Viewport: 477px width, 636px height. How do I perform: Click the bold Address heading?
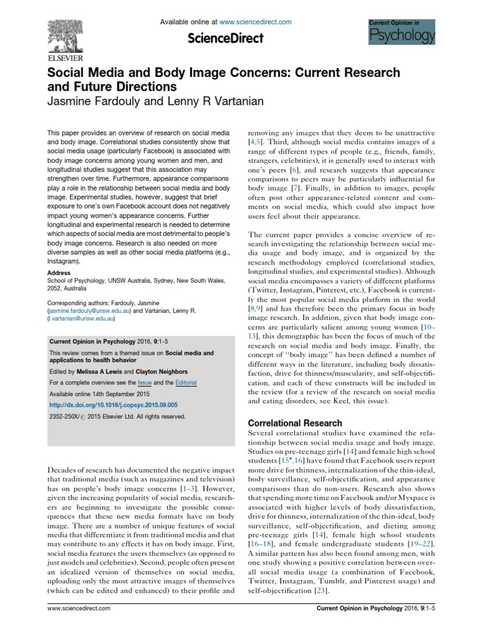59,273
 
